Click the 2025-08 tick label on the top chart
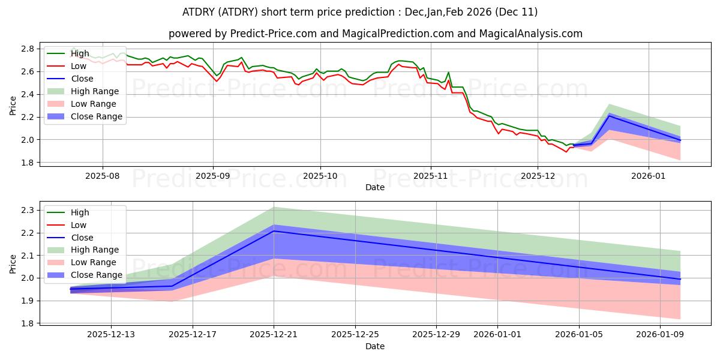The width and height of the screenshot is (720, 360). click(x=102, y=176)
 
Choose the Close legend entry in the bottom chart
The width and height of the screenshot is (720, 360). click(x=82, y=238)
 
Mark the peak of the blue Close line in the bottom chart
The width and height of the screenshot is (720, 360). click(x=274, y=231)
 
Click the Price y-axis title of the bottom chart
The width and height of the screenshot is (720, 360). click(x=13, y=263)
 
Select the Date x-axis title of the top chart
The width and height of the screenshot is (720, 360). click(x=375, y=187)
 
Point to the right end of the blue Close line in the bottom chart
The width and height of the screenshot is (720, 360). click(x=680, y=279)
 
